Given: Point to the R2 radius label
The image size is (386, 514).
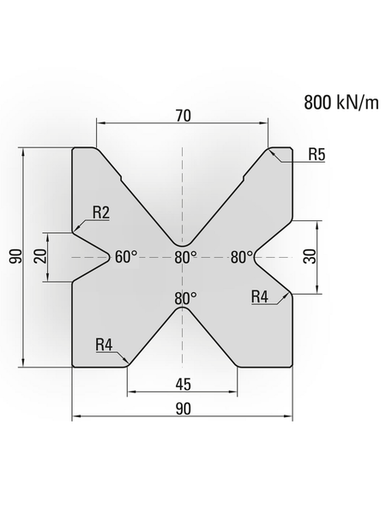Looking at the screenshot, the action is [101, 213].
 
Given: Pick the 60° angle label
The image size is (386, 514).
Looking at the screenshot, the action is [125, 257].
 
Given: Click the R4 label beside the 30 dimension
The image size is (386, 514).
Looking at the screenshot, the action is [260, 296].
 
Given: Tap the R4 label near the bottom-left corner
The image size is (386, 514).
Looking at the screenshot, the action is [105, 345].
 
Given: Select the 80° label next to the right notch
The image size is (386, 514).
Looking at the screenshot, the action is [243, 257].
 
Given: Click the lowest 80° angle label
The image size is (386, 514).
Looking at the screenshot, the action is [185, 299].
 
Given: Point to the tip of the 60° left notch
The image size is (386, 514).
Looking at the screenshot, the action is [111, 256].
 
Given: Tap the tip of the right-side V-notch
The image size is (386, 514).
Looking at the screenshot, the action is [254, 256].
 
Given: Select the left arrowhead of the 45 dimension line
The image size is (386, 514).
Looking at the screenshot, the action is [130, 392].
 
